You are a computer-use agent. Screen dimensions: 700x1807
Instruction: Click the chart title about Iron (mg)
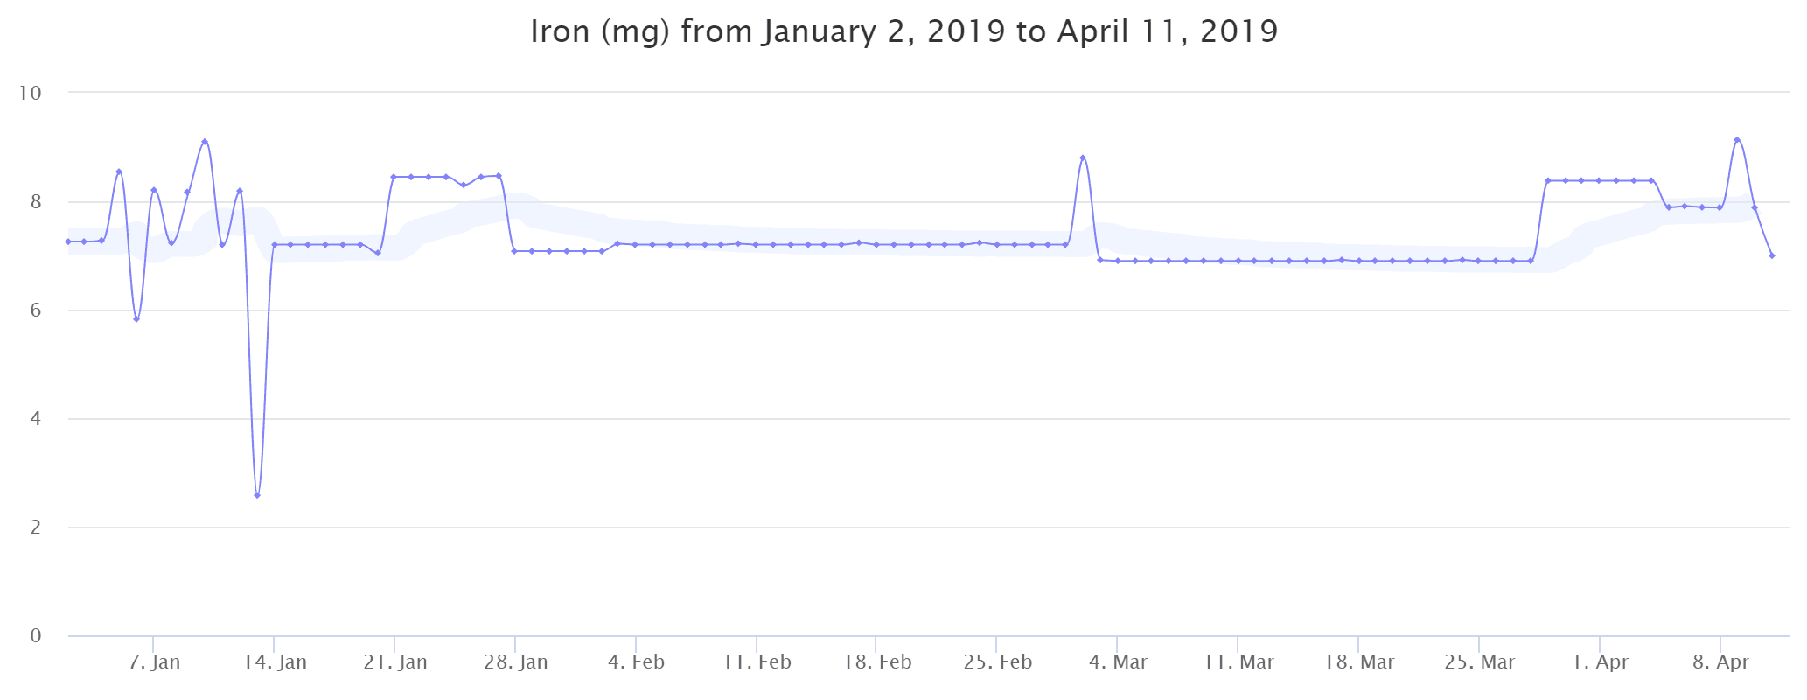pos(903,32)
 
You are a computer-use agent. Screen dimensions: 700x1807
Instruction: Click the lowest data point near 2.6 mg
pos(257,495)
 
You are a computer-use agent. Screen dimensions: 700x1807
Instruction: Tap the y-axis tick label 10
pos(31,93)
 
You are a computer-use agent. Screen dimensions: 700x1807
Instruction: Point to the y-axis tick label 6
pos(36,311)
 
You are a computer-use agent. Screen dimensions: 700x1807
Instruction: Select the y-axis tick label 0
pos(36,636)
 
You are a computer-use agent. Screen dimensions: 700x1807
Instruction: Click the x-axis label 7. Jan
pos(154,662)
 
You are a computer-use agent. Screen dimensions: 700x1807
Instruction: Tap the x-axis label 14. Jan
pos(275,662)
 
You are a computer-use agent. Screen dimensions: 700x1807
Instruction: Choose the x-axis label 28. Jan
pos(516,662)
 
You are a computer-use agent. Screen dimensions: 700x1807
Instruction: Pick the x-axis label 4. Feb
pos(637,662)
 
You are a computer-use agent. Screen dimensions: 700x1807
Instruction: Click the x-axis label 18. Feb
pos(877,662)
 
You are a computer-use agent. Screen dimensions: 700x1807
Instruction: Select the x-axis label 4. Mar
pos(1118,662)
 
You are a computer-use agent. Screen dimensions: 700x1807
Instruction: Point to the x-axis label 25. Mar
pos(1480,662)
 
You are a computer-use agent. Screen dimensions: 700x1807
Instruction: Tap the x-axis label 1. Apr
pos(1601,662)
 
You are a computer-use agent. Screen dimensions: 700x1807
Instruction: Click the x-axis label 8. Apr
pos(1721,662)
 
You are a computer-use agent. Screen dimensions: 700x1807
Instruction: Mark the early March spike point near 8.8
pos(1083,157)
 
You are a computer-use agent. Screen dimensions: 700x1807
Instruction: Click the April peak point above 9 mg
pos(1737,140)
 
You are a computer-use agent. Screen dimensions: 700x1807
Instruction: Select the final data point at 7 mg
pos(1771,255)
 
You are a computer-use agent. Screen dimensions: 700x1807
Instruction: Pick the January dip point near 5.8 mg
pos(136,319)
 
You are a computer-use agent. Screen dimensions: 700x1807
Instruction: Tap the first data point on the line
pos(67,241)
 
